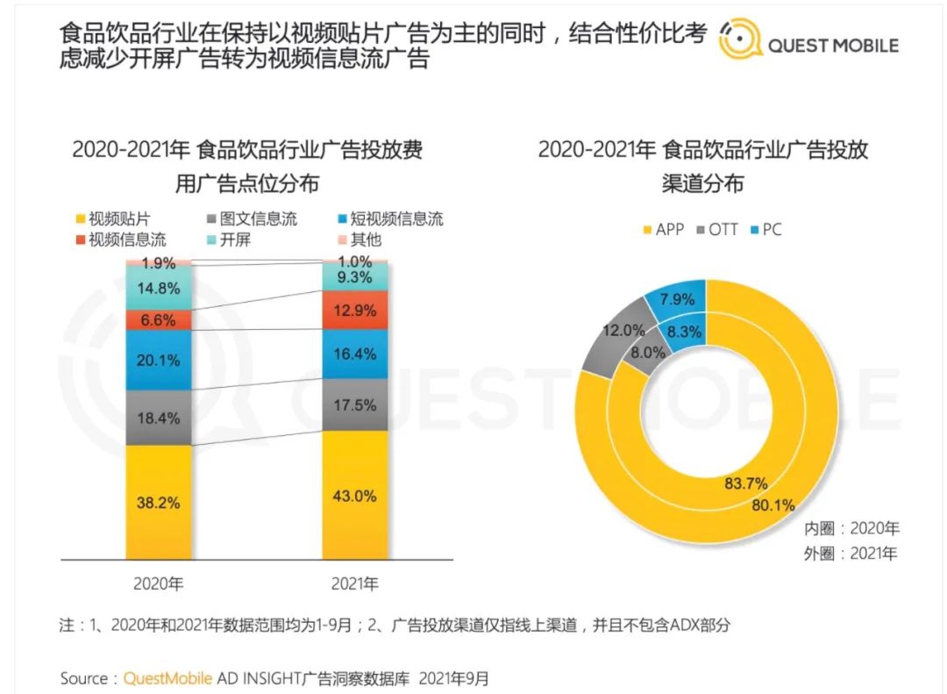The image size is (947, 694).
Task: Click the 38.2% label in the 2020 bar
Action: (159, 503)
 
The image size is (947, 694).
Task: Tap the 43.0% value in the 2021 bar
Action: (355, 496)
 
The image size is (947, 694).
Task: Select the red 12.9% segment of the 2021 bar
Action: (355, 310)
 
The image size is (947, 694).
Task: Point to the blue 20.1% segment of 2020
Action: (159, 360)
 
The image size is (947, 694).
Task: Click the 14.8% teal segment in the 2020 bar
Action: (159, 287)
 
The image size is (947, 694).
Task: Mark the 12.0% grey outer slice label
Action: (623, 331)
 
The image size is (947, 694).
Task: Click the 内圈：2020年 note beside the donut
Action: (852, 529)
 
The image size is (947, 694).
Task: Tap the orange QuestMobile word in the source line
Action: (167, 678)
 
